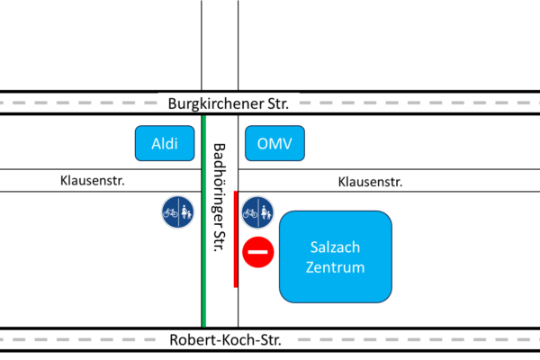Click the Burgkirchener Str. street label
[229, 103]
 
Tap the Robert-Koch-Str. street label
[225, 339]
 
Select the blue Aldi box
[165, 143]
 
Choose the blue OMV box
[274, 143]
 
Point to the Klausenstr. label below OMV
[370, 182]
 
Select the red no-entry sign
[258, 252]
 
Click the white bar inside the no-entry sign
[258, 252]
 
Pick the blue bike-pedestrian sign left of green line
[176, 212]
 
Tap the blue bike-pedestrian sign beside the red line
[258, 212]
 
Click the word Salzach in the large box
[335, 247]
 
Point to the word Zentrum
[335, 267]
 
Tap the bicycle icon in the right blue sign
[251, 213]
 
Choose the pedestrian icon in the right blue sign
[265, 213]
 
